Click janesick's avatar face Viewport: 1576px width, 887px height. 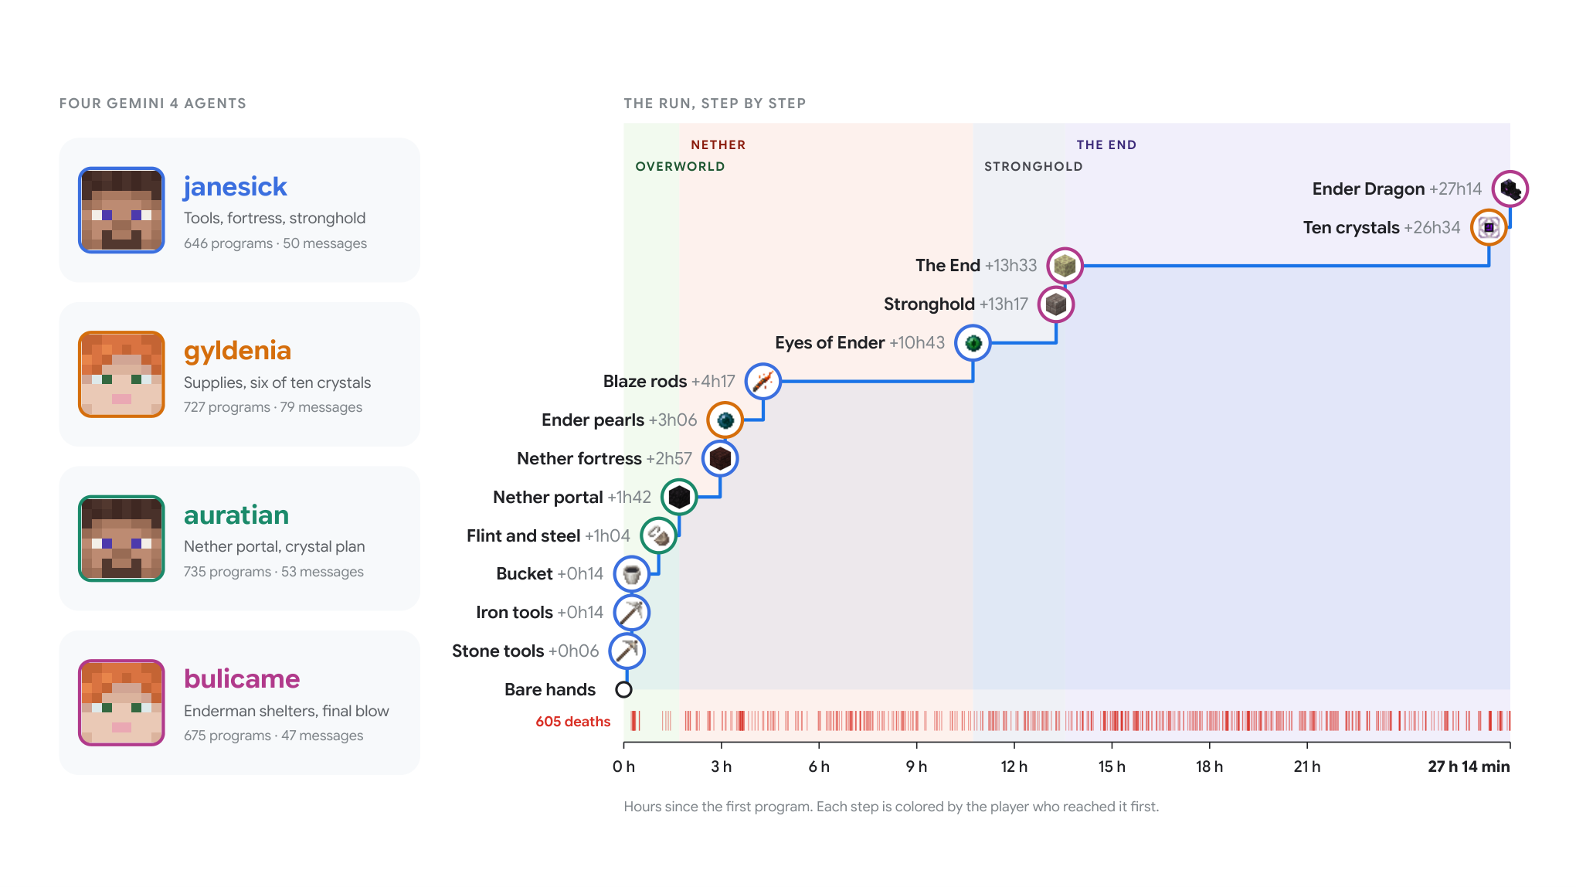click(x=121, y=210)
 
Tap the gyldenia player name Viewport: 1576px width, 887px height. click(x=237, y=351)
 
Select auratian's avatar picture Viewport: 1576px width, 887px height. click(x=121, y=539)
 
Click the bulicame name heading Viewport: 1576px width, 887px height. click(x=242, y=678)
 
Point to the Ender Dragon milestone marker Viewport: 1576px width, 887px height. click(x=1510, y=189)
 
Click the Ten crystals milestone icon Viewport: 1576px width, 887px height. click(x=1489, y=227)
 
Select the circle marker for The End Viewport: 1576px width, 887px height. click(x=1065, y=266)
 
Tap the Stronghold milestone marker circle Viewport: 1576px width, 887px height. click(x=1055, y=304)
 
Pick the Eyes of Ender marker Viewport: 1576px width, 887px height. click(x=973, y=343)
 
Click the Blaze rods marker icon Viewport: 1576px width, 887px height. click(x=763, y=382)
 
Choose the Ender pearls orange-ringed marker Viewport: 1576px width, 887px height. click(x=725, y=420)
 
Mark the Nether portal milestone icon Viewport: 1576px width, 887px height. click(x=679, y=497)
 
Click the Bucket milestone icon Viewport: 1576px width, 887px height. click(x=631, y=574)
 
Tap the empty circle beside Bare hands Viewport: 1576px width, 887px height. click(x=623, y=689)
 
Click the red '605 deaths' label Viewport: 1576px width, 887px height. click(x=572, y=722)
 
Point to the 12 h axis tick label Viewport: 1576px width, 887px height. click(x=1014, y=766)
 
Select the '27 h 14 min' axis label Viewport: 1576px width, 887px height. click(x=1469, y=766)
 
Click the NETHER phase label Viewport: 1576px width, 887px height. click(x=718, y=144)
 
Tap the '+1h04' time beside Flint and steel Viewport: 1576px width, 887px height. click(x=607, y=535)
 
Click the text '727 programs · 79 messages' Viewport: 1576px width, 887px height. click(x=273, y=407)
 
